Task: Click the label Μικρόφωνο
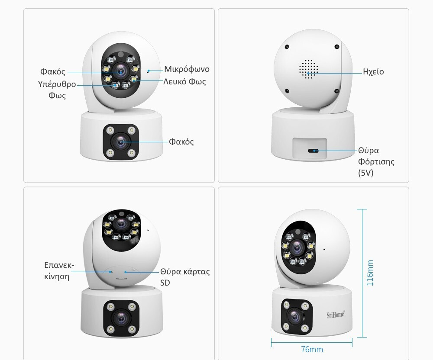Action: (187, 69)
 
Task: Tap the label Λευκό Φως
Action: (184, 82)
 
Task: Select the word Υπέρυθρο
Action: (57, 84)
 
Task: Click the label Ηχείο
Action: (373, 72)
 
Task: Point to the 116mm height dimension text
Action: (370, 273)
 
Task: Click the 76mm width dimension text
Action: (312, 349)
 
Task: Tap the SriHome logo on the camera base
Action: (336, 315)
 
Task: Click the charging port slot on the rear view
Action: (313, 151)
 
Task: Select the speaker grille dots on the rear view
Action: (308, 69)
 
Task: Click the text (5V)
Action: (365, 173)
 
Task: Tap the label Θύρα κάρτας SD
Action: (185, 277)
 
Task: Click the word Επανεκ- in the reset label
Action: (59, 265)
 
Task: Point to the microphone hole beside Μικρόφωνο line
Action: (148, 72)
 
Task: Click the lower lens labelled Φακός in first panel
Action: (121, 142)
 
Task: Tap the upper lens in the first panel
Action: (120, 71)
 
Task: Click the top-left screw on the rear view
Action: (287, 47)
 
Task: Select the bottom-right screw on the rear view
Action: (336, 91)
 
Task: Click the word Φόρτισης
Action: (376, 162)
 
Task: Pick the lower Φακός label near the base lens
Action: (181, 142)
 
